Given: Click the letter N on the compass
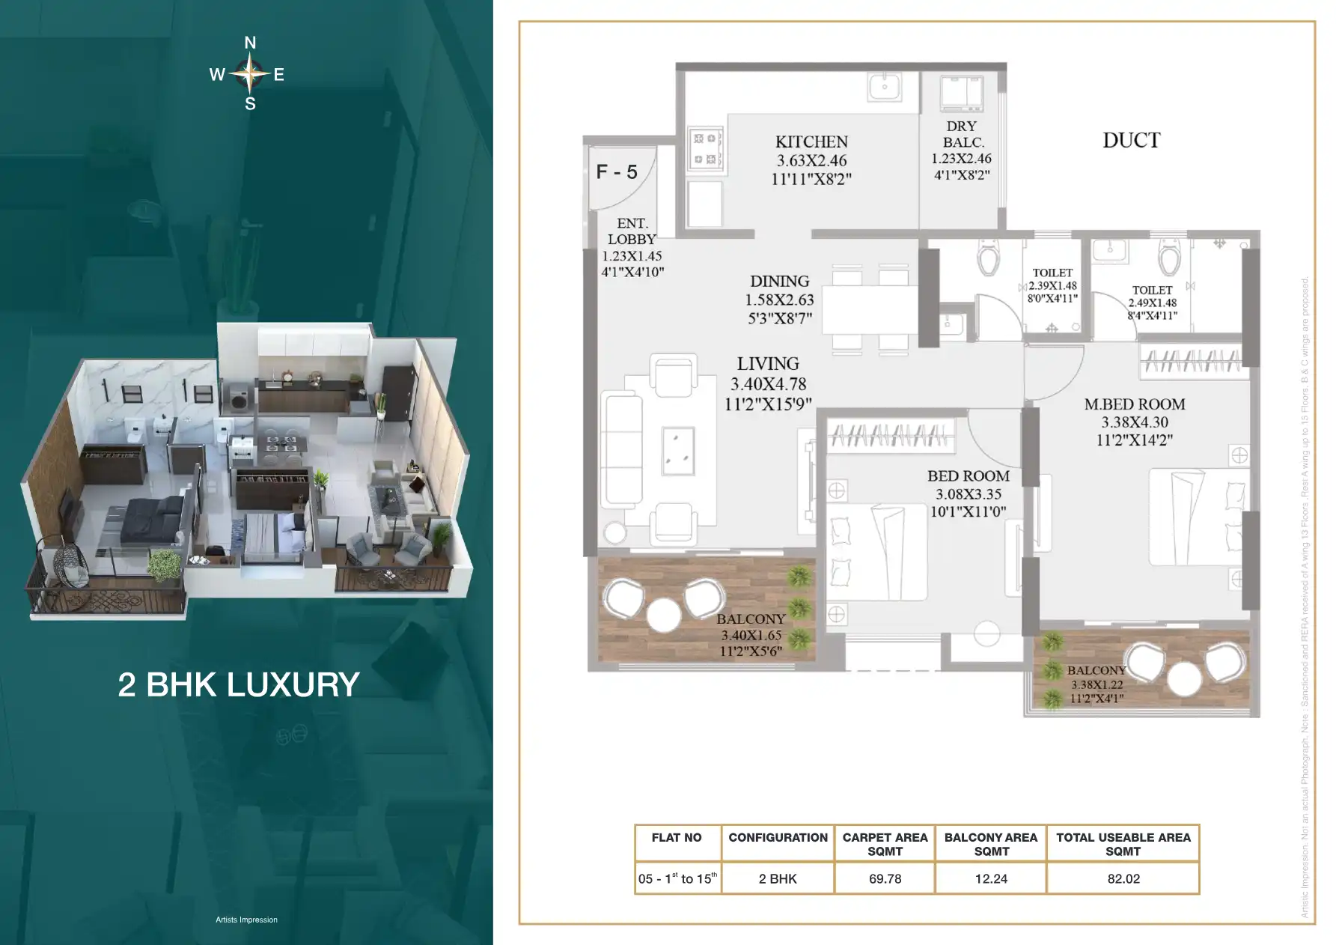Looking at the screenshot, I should (250, 43).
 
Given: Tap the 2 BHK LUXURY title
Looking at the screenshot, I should (239, 684).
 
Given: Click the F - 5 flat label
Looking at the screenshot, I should (617, 172).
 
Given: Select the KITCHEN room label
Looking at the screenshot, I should (811, 142).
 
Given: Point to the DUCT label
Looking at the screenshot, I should (1131, 140).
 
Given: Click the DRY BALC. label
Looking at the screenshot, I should (962, 134).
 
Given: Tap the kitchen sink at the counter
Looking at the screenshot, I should (885, 86).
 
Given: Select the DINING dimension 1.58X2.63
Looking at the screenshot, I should (779, 300).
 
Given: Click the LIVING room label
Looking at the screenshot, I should (768, 364).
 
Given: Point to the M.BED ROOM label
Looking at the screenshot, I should (1134, 404).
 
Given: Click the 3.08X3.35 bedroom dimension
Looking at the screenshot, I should (969, 494).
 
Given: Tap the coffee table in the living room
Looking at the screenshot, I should (678, 451).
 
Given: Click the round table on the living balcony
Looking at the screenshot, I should (663, 615).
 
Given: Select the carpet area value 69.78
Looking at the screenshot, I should (885, 879).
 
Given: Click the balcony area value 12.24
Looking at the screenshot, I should (991, 879).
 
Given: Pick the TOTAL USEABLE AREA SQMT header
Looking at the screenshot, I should (1123, 844).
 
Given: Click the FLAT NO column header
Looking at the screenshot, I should (677, 838).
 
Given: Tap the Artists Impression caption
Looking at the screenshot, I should (246, 920).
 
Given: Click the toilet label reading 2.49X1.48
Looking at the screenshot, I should (1152, 303).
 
